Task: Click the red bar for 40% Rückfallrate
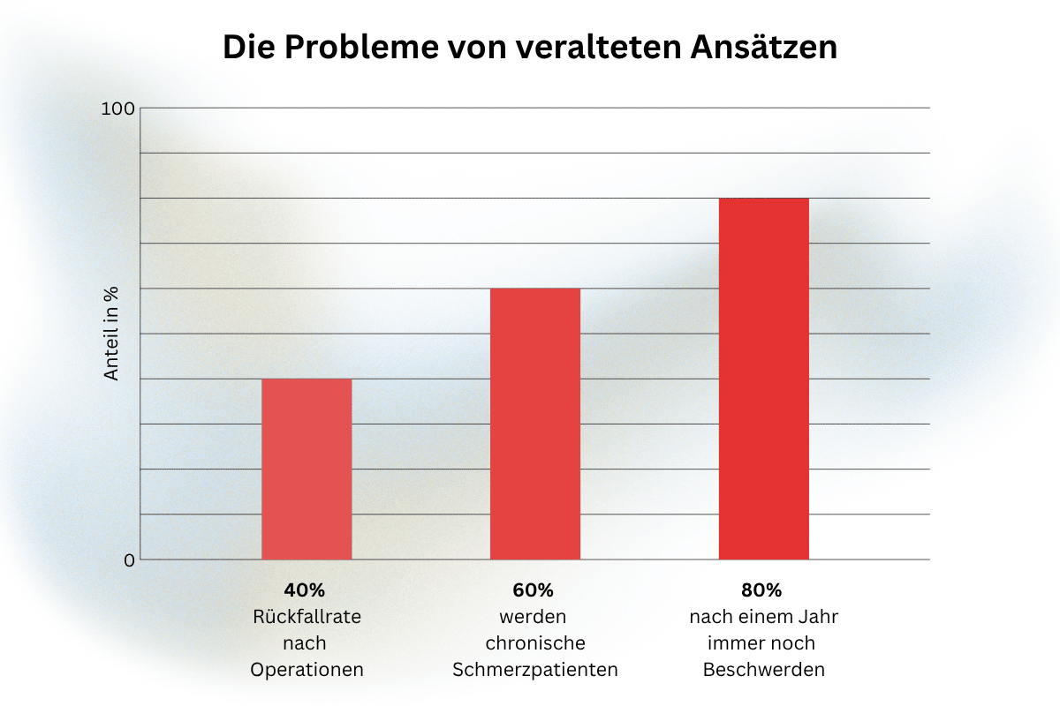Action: (307, 469)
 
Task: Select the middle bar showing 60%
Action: (535, 424)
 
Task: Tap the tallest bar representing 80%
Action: (764, 379)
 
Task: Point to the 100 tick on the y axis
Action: (117, 109)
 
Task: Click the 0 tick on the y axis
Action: (129, 560)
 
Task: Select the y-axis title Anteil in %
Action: (110, 334)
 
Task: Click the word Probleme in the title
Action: (361, 48)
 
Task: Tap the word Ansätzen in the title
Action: (764, 47)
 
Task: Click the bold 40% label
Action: (304, 590)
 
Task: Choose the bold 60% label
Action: (533, 590)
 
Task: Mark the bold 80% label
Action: (761, 590)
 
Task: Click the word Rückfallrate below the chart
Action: (307, 617)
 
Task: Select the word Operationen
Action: (307, 670)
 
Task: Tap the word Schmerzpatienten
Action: (535, 670)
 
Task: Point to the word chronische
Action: (535, 643)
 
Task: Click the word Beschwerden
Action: (764, 670)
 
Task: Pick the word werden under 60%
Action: (533, 617)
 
